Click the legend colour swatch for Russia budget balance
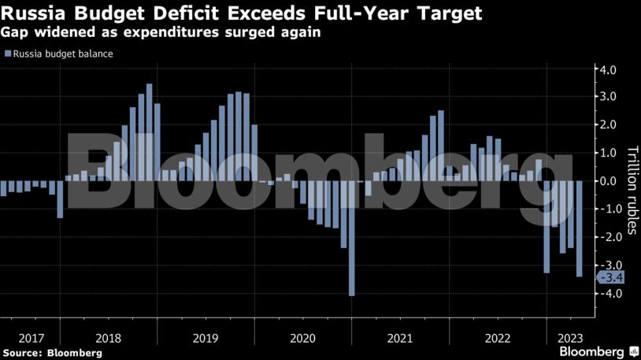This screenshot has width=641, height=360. point(7,54)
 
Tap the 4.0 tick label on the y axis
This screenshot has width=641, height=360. point(609,69)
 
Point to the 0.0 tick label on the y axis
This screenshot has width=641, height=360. point(609,181)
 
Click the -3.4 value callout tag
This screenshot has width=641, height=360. point(611,277)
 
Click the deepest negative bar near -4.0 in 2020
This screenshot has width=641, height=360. point(351,238)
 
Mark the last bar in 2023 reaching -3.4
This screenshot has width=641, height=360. point(579,228)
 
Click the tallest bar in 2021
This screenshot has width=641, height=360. point(440,146)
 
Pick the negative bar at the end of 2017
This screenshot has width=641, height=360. point(60,199)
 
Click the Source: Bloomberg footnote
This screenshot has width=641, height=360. point(52,353)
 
